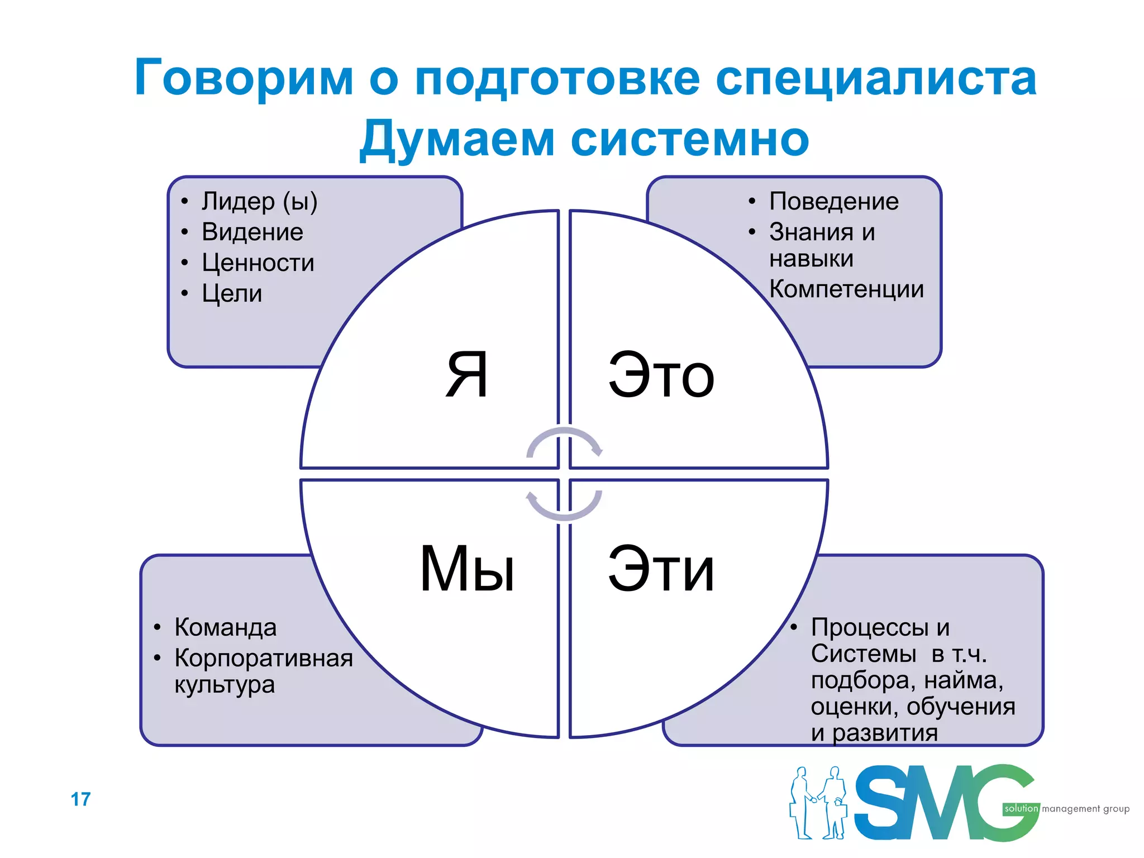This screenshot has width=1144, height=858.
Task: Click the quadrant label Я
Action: point(467,375)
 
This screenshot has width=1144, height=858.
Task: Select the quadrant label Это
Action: point(661,376)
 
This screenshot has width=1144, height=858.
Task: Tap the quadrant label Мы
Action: point(467,569)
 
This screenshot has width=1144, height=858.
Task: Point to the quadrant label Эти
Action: point(661,569)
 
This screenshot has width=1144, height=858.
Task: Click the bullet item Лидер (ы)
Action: point(259,202)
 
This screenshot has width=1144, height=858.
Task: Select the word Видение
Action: point(252,232)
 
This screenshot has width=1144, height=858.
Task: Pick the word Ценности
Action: point(258,263)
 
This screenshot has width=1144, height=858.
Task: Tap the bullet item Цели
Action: point(232,293)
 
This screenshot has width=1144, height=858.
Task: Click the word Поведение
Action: point(833,202)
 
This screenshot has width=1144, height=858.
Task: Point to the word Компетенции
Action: point(846,289)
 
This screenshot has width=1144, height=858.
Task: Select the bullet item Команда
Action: point(225,627)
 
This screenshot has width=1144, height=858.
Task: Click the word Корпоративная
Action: point(263,658)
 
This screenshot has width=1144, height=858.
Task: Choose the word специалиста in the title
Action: point(875,78)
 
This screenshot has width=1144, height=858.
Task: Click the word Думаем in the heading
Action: point(456,140)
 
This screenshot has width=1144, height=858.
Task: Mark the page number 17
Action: point(80,799)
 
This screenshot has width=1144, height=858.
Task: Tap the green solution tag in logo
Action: point(1021,809)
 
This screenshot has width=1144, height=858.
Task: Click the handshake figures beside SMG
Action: point(818,803)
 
